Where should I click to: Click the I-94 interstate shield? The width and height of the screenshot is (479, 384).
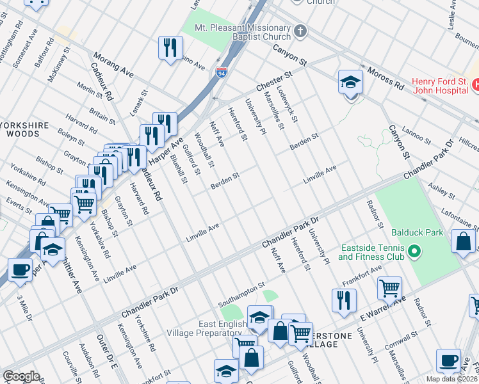pos(222,74)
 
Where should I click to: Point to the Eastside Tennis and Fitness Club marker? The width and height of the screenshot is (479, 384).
pos(414,252)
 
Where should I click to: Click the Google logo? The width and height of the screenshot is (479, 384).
pos(21,376)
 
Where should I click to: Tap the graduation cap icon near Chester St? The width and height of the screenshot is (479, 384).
pos(350,83)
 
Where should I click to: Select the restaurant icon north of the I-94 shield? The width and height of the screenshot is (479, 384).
pos(171,48)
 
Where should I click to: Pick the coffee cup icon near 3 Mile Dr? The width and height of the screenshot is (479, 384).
pos(20,269)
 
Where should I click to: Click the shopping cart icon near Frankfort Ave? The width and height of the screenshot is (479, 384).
pos(389,289)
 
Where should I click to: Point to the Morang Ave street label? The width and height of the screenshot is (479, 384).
pos(113,65)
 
